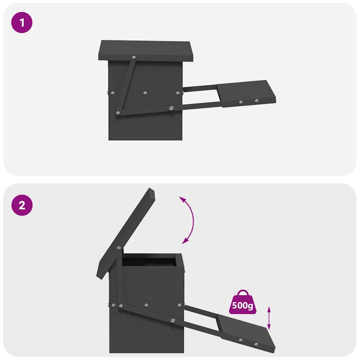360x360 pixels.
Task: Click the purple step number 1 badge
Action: click(22, 23)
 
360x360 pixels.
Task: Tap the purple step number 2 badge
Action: click(22, 206)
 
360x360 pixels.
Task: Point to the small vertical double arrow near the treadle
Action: click(269, 318)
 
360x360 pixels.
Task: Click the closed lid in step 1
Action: click(146, 50)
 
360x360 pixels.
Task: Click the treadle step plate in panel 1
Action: click(246, 93)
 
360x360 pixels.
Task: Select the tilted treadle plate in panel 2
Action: click(246, 332)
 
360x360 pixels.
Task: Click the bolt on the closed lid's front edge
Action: click(134, 57)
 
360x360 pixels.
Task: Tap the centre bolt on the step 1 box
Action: click(144, 93)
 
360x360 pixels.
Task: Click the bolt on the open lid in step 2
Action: click(118, 247)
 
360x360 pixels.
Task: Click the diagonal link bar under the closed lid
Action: click(126, 86)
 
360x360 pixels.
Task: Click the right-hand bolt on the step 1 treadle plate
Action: click(257, 101)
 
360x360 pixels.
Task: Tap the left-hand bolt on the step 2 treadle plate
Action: click(240, 340)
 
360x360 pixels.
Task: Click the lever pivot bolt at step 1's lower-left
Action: click(117, 113)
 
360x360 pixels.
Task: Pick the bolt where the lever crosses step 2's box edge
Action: click(172, 320)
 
